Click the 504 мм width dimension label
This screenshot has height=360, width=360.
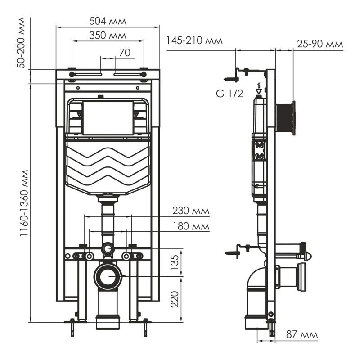point(108,21)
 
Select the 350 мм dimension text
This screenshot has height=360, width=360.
point(108,35)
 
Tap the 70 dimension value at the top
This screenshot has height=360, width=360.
point(125,53)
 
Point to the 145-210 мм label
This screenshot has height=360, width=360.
point(194,41)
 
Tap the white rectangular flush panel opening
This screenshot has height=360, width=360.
point(108,118)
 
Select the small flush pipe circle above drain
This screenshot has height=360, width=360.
point(108,247)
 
